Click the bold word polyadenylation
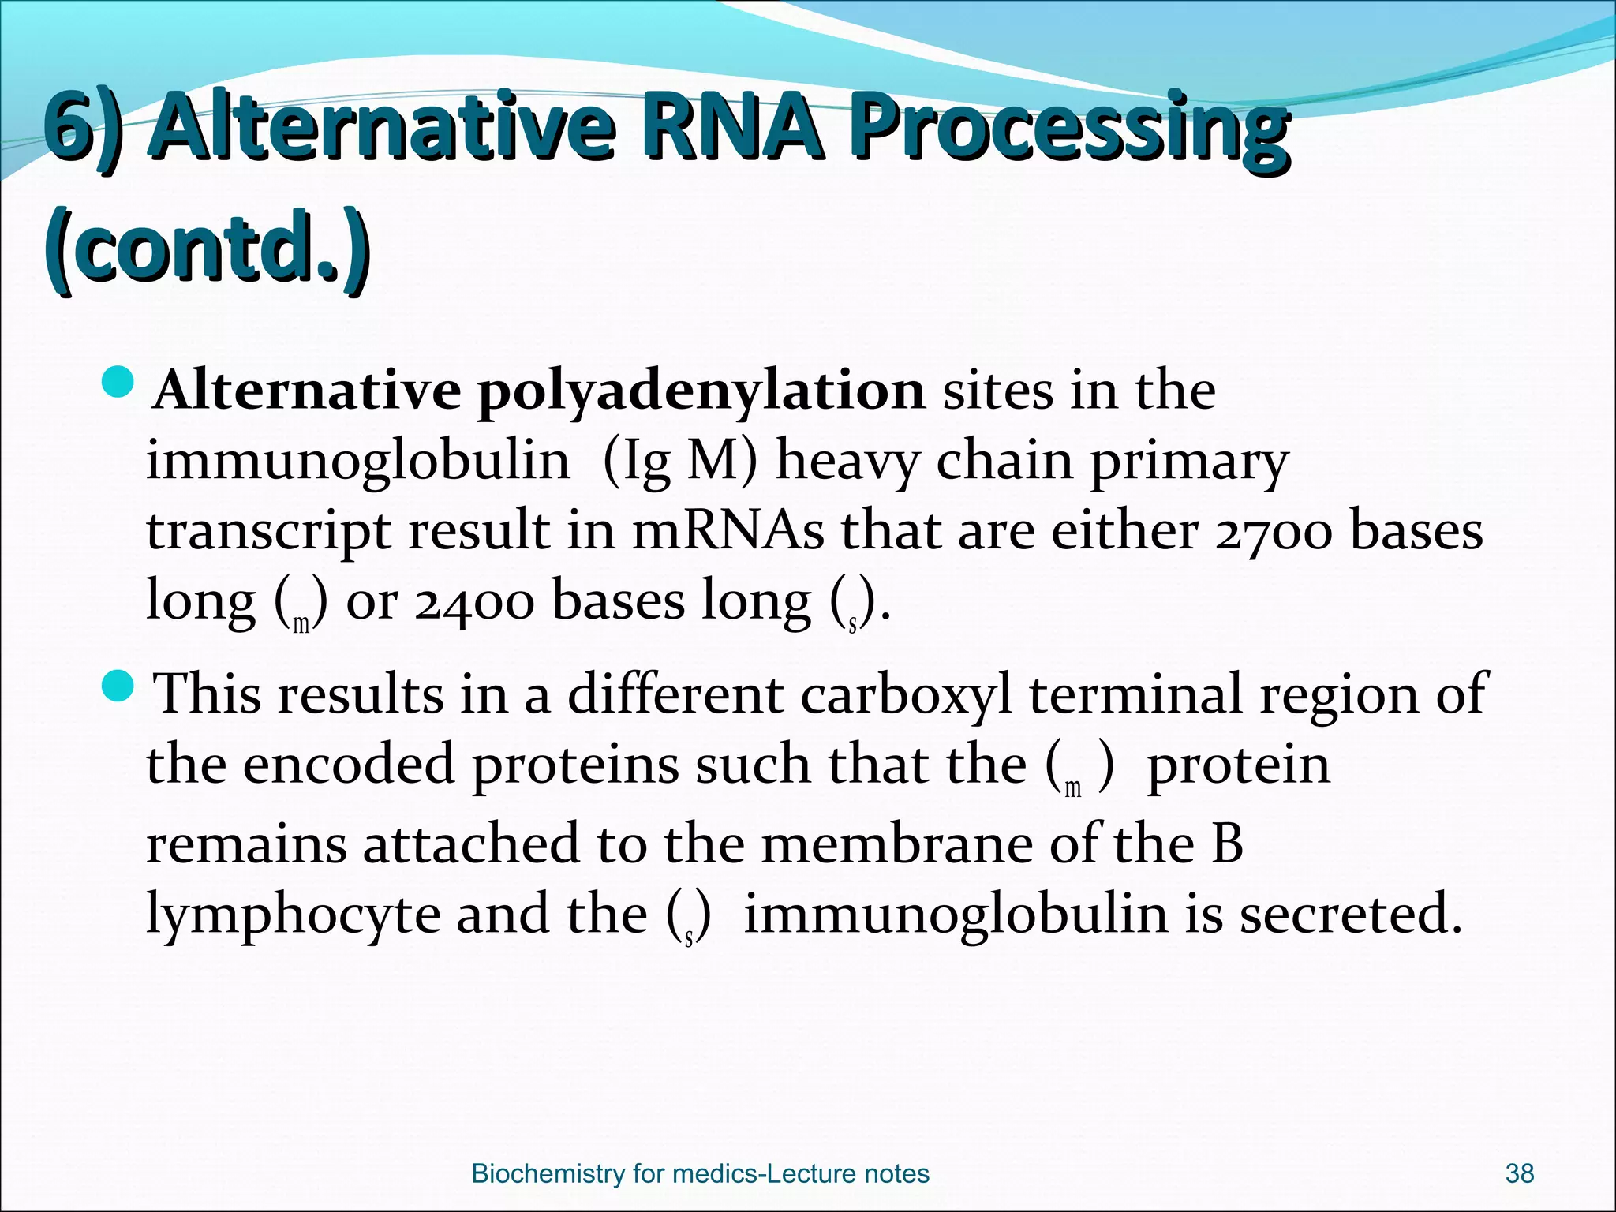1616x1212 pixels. coord(701,390)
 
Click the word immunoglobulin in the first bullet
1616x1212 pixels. coord(357,460)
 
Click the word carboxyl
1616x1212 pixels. coord(905,694)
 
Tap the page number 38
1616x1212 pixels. coord(1519,1173)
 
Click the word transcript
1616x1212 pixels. coord(268,532)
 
